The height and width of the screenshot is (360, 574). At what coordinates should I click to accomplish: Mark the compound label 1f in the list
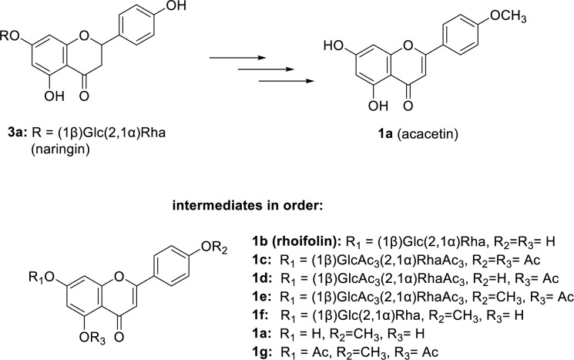point(305,301)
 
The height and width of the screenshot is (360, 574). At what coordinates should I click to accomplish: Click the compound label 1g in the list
point(306,335)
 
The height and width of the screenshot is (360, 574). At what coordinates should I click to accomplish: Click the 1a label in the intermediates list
point(306,318)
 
